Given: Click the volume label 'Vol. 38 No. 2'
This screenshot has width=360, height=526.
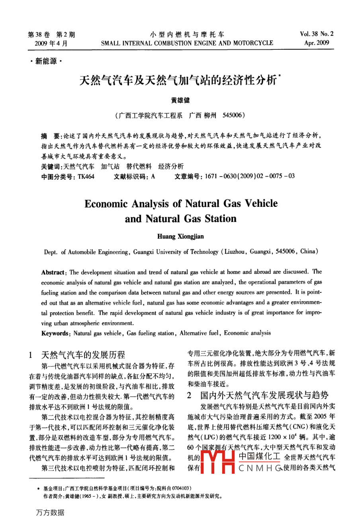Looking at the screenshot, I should click(x=317, y=34).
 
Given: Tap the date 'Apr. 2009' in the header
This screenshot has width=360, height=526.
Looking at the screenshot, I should click(x=317, y=43).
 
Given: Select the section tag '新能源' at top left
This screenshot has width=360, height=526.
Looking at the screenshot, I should click(x=46, y=61).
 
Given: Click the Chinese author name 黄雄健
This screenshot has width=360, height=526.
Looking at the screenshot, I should click(x=180, y=100).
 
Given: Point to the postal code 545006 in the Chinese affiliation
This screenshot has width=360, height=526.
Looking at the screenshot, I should click(x=232, y=116).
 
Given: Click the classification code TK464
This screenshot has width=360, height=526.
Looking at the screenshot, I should click(x=86, y=177).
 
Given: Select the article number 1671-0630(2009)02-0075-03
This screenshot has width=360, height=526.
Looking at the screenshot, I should click(x=250, y=176).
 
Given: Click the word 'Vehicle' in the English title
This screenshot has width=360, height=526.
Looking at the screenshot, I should click(x=261, y=203).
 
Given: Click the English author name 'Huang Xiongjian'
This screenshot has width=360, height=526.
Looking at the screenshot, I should click(x=180, y=236).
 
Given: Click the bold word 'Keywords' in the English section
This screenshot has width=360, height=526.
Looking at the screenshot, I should click(x=55, y=333).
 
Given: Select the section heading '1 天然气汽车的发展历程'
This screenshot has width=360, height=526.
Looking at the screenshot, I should click(x=77, y=354).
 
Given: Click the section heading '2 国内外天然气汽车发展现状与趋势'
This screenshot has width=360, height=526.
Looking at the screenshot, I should click(x=258, y=395).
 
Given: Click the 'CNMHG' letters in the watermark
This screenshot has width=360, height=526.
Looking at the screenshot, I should click(x=260, y=468).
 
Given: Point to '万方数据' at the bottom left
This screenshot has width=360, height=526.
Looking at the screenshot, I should click(x=50, y=512).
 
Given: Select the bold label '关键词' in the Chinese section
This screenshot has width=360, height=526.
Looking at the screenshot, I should click(x=51, y=167).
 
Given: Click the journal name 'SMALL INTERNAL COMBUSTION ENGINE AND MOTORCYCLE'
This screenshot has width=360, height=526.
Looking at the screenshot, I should click(x=187, y=43).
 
